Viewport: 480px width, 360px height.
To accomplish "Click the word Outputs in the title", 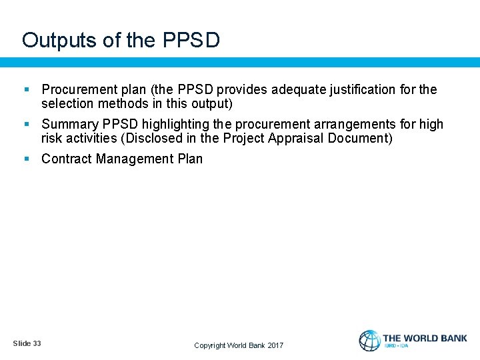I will click(59, 41).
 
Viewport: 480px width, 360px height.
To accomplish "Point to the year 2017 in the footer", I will click(275, 345).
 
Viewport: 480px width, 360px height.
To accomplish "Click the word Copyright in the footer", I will click(209, 345).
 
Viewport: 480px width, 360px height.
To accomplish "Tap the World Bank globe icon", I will click(369, 341).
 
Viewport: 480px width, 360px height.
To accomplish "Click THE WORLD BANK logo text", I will click(425, 338).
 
